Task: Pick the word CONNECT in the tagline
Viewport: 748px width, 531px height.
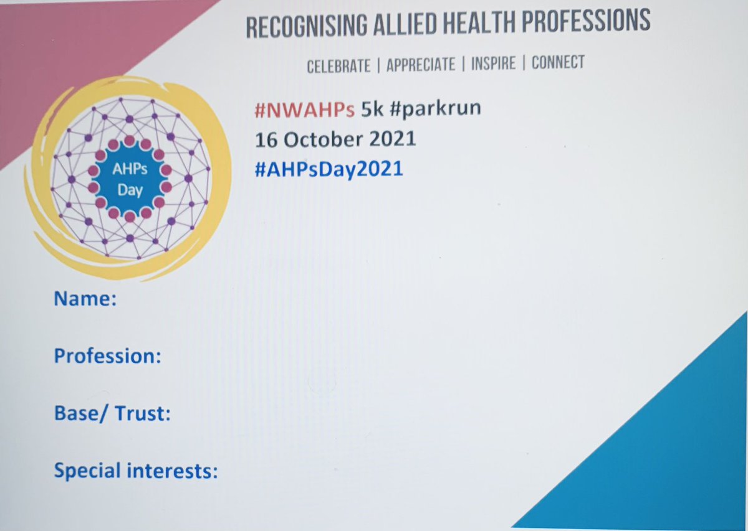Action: [x=558, y=62]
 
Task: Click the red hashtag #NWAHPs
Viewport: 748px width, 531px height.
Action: [x=305, y=110]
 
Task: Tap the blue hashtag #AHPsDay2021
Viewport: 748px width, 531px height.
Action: [x=328, y=169]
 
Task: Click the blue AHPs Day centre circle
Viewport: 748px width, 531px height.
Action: [x=130, y=179]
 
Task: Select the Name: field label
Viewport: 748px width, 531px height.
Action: [x=85, y=299]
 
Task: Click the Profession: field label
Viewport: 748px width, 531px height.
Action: [x=108, y=356]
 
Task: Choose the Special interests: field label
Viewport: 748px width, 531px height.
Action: [x=136, y=470]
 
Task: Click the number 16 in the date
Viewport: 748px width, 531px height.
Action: [x=265, y=139]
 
